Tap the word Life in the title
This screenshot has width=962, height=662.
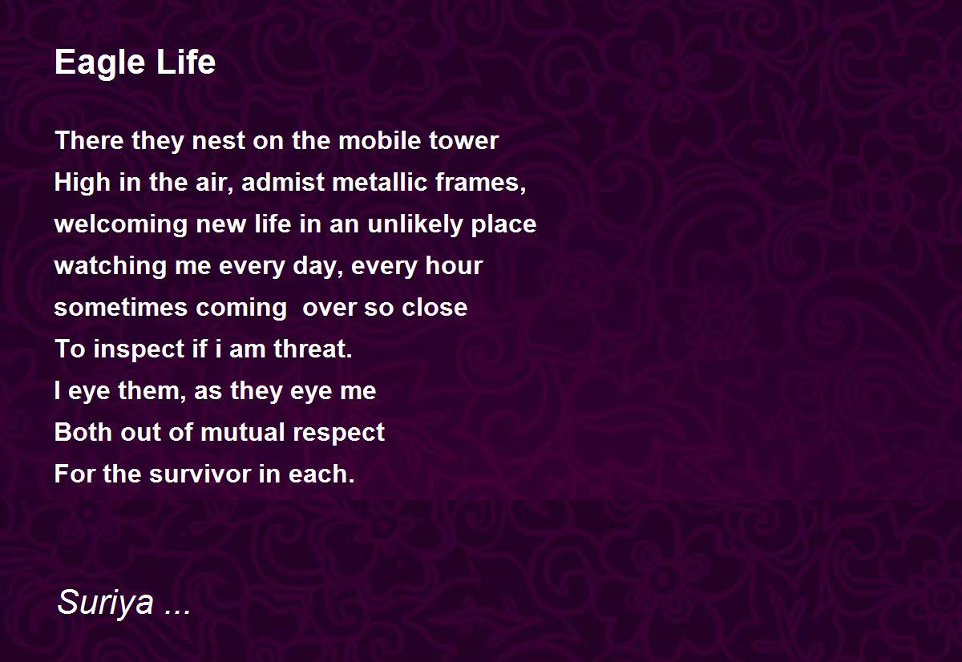(185, 62)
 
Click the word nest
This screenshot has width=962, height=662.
(218, 142)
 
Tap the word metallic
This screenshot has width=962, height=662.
(380, 182)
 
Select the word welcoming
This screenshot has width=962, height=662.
(121, 224)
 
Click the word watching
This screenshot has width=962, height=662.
(111, 266)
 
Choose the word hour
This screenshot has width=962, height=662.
(454, 265)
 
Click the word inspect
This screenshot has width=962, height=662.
(139, 349)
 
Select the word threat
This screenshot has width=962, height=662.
(313, 348)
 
